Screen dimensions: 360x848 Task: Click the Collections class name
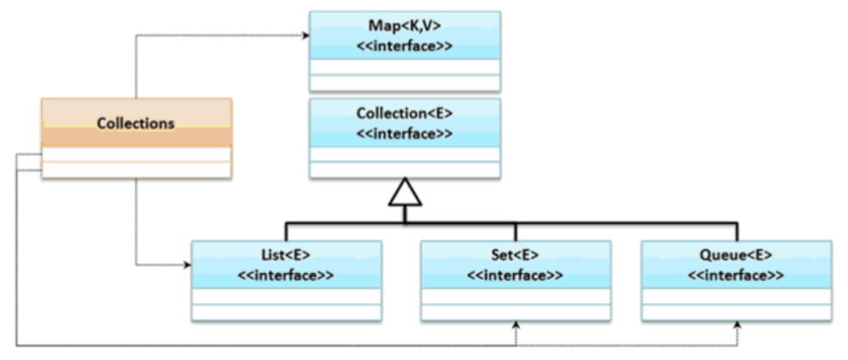[136, 123]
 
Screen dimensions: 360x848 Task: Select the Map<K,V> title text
[405, 25]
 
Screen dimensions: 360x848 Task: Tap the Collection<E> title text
[405, 114]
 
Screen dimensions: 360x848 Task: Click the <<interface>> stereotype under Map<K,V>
[405, 43]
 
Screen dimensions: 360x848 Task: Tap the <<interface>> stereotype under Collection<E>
[405, 131]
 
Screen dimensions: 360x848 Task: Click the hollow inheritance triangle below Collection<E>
[405, 195]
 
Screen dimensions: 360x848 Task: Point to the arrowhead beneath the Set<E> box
[515, 326]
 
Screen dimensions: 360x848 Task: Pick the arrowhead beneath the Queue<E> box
[736, 326]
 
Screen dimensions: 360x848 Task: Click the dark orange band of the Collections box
[136, 138]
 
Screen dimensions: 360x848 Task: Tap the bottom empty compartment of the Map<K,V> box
[405, 83]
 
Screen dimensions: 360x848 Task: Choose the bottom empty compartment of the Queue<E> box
[736, 311]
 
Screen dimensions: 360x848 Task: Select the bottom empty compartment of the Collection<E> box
[405, 170]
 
